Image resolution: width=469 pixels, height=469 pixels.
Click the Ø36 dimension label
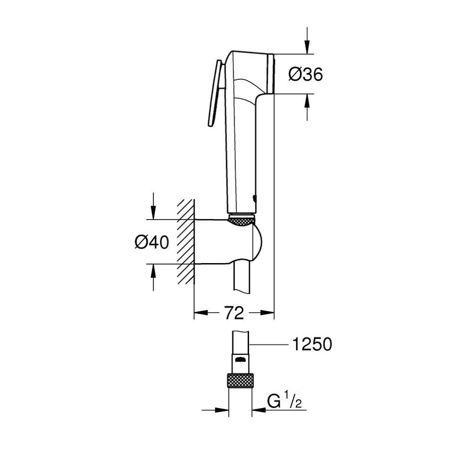point(305,74)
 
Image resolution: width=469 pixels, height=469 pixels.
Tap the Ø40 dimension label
point(151,242)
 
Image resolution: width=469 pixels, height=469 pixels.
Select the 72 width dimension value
point(234,313)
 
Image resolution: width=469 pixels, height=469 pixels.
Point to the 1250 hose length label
point(312,344)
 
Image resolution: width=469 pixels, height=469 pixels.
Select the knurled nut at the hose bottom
point(241,380)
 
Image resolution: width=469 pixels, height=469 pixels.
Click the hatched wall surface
point(185,242)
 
